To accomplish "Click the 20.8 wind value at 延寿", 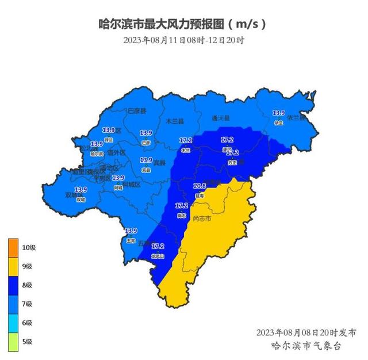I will click(200, 186).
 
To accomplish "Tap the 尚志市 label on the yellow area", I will click(202, 219).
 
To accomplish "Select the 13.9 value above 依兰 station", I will click(279, 113).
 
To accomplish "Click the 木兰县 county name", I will click(174, 121).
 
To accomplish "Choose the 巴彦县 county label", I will click(137, 110).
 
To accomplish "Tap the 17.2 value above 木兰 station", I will click(186, 140).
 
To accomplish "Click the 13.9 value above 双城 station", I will click(80, 190).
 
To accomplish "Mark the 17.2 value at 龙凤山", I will click(158, 246).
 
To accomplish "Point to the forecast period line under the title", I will click(183, 40).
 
